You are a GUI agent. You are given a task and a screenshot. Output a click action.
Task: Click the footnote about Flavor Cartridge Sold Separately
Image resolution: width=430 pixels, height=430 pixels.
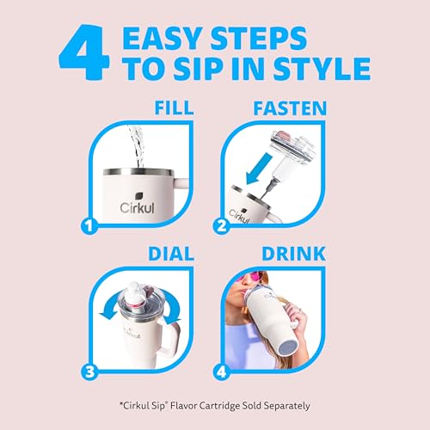tap(215, 405)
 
